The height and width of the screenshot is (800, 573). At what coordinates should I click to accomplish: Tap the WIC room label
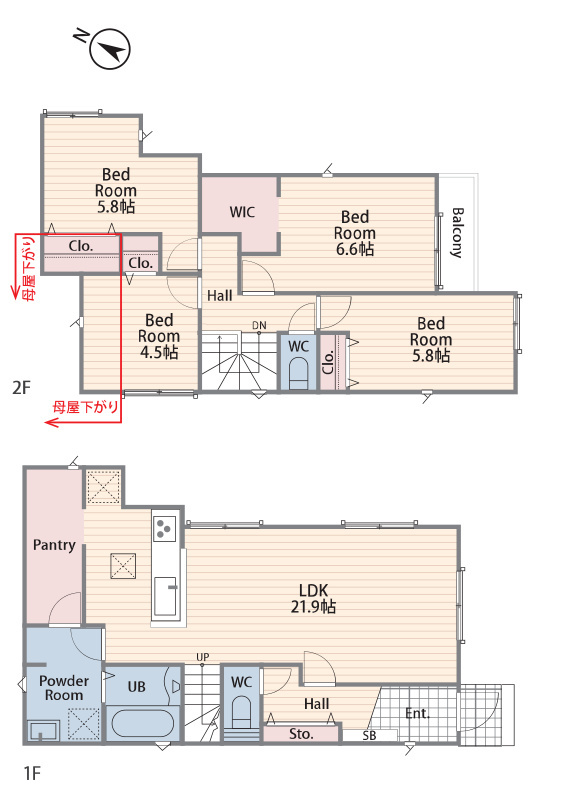[242, 212]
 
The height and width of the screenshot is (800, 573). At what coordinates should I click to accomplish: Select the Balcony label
[457, 233]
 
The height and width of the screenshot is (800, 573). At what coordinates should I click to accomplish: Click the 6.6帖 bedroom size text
[355, 249]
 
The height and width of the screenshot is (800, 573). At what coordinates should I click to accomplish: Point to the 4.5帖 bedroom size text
[159, 352]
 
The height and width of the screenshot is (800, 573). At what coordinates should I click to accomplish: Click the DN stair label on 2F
[259, 326]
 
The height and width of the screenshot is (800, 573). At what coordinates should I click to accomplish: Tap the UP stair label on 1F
[203, 657]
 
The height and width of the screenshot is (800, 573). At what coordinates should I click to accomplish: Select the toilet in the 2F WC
[298, 372]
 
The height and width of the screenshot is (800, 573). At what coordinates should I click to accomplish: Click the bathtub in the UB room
[142, 723]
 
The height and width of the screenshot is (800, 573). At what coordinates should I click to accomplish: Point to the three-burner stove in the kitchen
[164, 528]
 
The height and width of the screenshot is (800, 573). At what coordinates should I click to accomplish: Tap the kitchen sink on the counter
[165, 596]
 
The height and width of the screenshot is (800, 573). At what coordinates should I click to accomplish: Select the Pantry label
[54, 545]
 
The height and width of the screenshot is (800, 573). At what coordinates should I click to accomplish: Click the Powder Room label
[64, 688]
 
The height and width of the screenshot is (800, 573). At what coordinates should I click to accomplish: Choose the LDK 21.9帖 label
[313, 598]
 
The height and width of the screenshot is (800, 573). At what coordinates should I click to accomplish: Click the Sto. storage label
[301, 734]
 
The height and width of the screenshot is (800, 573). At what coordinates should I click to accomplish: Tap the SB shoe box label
[369, 736]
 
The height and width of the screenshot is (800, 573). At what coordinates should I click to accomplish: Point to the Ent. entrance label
[417, 713]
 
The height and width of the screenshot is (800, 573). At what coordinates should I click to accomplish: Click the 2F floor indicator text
[21, 388]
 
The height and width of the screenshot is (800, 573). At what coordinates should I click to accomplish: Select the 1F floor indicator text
[32, 773]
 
